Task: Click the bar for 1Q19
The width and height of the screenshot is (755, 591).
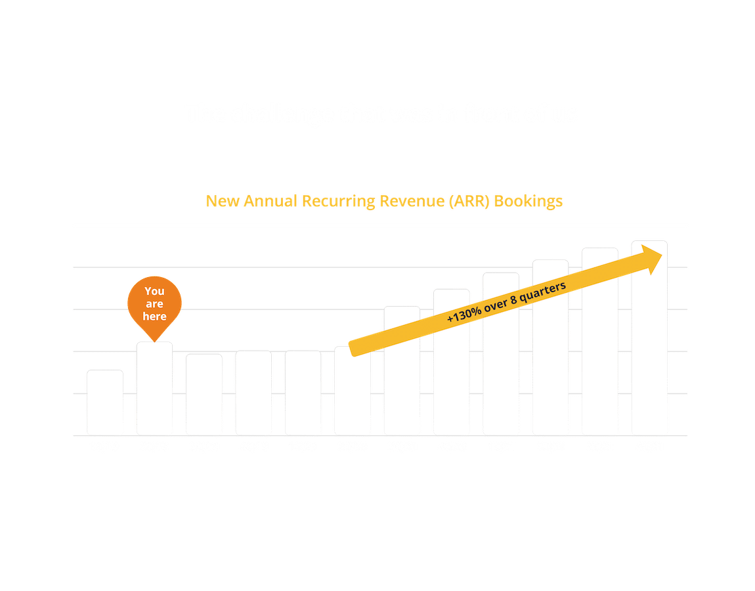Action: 105,402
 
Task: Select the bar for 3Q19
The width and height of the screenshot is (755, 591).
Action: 204,394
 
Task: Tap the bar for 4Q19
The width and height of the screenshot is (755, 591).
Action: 253,392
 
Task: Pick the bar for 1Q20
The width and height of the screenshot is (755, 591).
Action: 303,392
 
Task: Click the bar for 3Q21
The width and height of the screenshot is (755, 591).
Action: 600,341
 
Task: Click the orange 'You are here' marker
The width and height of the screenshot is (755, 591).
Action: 155,303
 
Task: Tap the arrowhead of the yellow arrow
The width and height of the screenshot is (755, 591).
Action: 654,257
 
